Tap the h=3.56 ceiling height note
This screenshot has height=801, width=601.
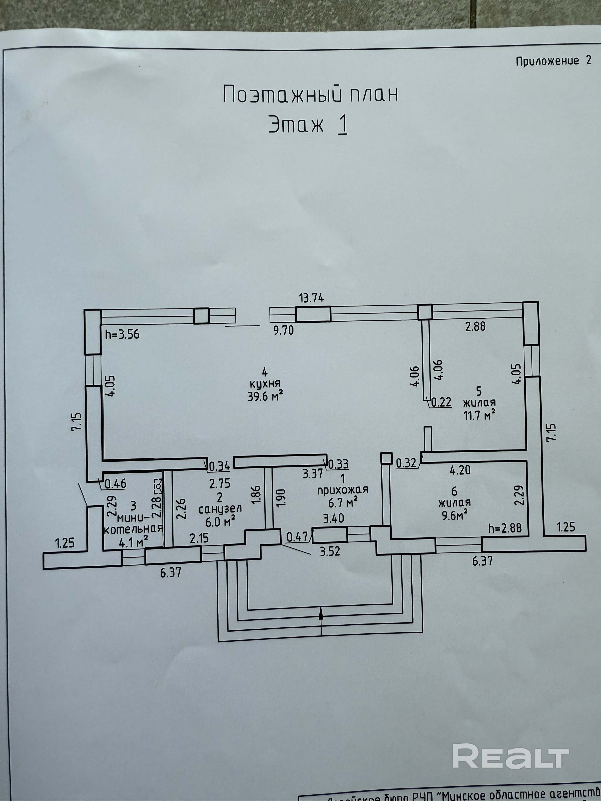pos(122,334)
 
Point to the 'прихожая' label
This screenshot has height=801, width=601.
pos(342,490)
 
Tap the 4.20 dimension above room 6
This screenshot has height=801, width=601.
pos(460,470)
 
